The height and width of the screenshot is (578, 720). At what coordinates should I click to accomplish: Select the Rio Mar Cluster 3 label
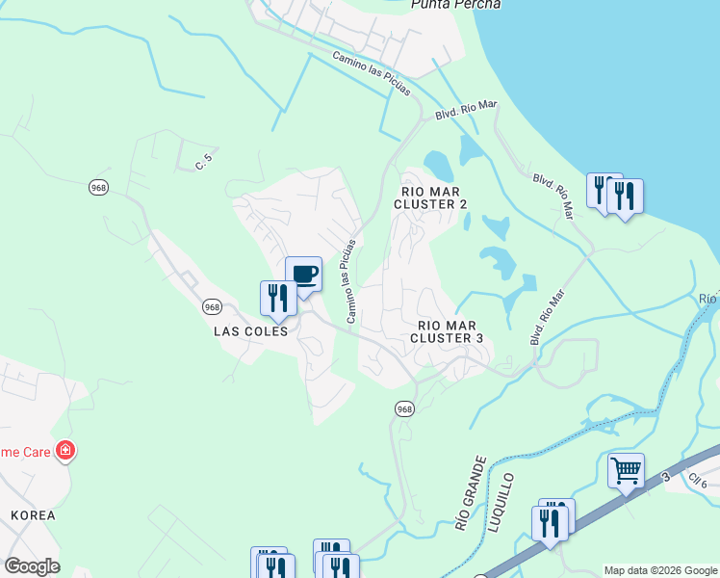point(447,331)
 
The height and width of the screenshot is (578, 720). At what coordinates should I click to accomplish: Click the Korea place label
point(33,515)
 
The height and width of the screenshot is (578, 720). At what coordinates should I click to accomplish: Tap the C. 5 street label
point(202,165)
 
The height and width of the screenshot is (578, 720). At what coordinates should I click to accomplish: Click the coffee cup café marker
point(303,276)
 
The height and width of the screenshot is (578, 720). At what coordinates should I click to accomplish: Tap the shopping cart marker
point(626,472)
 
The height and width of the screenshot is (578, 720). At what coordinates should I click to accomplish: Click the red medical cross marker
point(65,450)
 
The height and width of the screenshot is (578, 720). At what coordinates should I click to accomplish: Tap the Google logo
point(32,566)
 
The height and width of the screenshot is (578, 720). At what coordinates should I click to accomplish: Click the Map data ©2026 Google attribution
point(660,570)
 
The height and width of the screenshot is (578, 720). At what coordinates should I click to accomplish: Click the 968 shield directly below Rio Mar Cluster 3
point(404,409)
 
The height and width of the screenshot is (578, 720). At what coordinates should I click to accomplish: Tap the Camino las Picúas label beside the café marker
point(350,280)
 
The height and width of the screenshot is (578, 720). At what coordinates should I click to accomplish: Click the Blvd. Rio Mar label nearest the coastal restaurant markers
point(553,194)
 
